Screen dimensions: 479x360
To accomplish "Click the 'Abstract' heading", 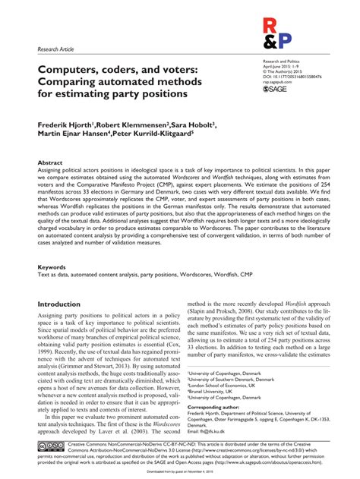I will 50,163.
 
